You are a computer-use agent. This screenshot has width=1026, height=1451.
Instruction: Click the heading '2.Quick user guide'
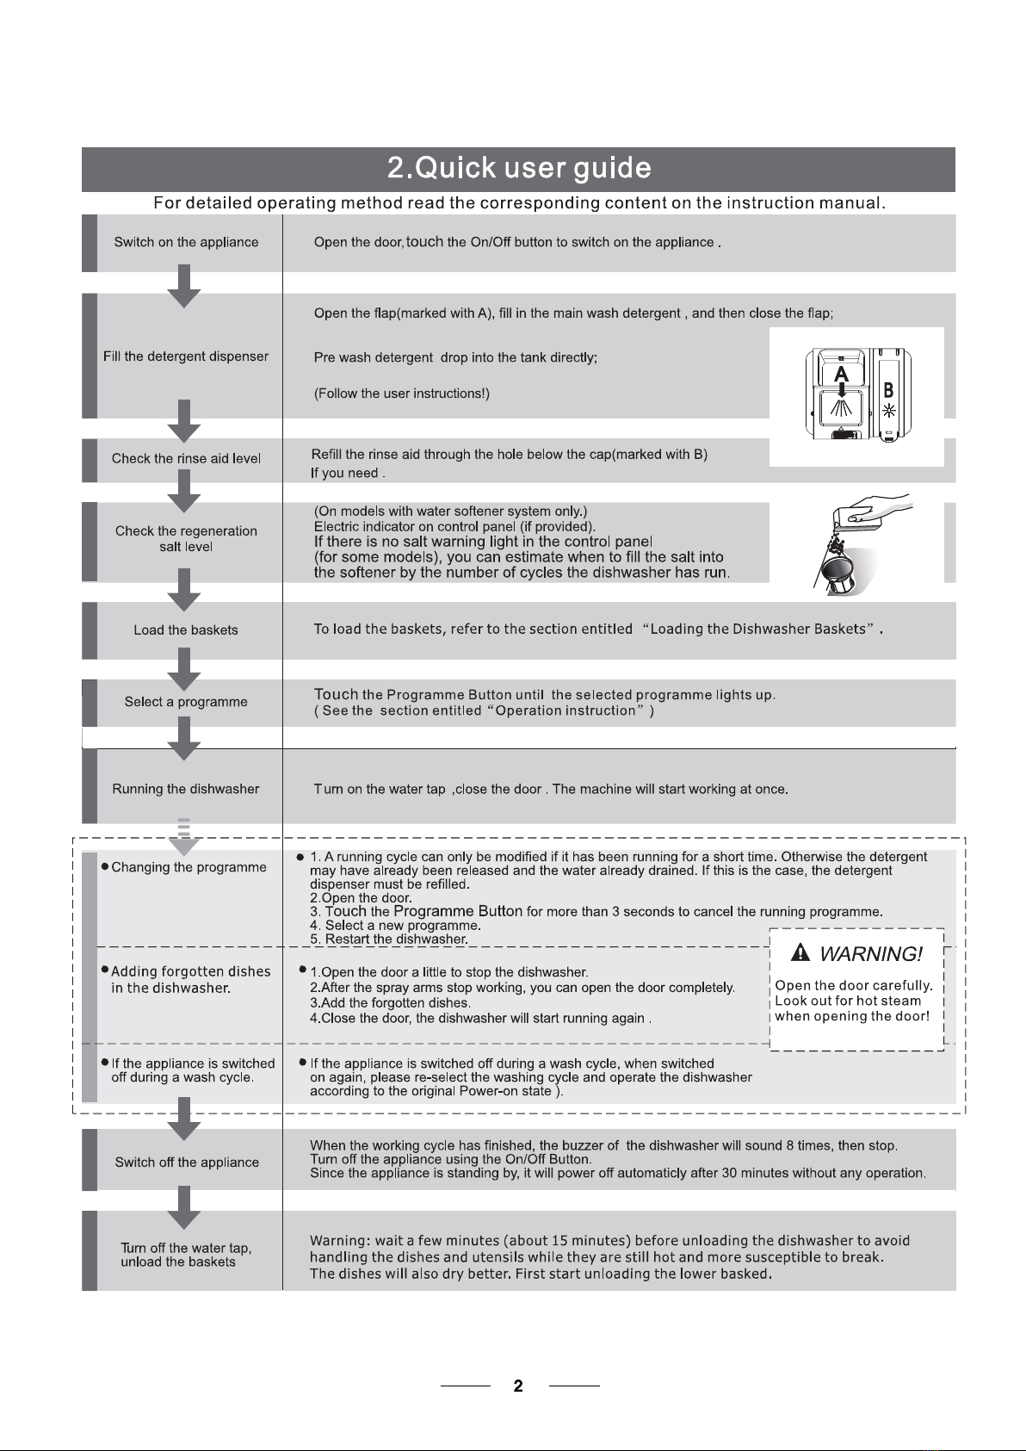[518, 168]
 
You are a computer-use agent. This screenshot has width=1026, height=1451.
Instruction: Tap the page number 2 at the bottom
[518, 1386]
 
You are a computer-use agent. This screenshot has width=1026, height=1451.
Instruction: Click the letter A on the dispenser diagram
[841, 374]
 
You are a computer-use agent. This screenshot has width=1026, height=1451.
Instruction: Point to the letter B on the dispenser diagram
[888, 390]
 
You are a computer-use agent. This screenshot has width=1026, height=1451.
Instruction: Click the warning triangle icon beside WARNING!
[801, 952]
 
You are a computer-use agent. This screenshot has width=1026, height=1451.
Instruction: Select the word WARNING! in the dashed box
[871, 954]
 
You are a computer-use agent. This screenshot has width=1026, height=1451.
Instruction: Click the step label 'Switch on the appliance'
[186, 242]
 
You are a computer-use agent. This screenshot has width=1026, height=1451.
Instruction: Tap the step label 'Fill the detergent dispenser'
[186, 357]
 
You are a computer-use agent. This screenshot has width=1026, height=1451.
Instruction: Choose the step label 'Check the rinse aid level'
[186, 458]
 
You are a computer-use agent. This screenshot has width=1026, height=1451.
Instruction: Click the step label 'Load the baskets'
[186, 629]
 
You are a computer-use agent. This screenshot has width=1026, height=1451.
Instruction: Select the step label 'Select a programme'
[186, 702]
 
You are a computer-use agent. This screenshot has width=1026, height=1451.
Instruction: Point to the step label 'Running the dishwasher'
[186, 789]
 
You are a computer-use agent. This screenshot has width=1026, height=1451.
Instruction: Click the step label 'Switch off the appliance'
[187, 1163]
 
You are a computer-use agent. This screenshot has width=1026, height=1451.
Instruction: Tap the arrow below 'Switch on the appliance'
[184, 286]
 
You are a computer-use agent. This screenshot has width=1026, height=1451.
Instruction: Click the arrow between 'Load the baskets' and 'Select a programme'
[184, 669]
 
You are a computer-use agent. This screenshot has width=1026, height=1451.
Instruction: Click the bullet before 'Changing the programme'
[104, 866]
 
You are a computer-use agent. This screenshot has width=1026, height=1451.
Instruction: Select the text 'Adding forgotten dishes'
[191, 971]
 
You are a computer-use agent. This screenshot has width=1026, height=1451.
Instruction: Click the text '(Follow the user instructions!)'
[402, 394]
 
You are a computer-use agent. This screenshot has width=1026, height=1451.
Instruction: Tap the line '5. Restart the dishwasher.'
[389, 939]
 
